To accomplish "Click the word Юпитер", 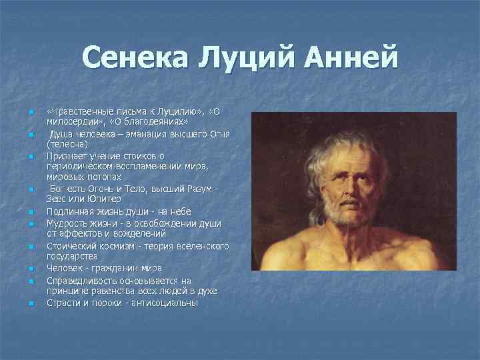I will [103, 199].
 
